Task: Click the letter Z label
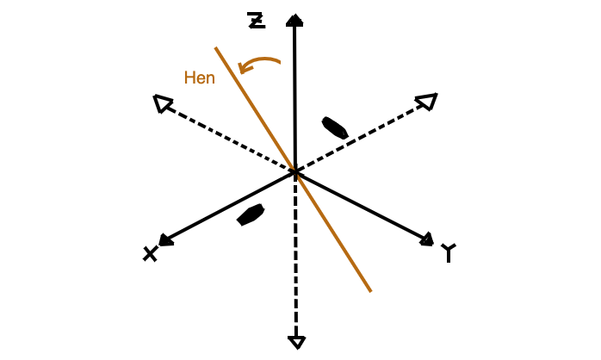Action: (256, 21)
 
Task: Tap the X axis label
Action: (150, 254)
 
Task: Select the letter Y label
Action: (449, 252)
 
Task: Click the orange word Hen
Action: (199, 78)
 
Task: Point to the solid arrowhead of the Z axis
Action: (294, 21)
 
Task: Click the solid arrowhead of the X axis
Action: (165, 240)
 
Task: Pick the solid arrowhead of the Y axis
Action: (426, 239)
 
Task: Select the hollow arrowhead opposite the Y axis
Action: (163, 103)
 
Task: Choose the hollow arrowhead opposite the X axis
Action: (427, 102)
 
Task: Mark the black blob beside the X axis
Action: (251, 214)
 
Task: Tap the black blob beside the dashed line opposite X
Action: (335, 127)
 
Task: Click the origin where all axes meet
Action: (295, 172)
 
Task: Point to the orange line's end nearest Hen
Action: (216, 47)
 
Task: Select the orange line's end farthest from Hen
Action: (370, 291)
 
